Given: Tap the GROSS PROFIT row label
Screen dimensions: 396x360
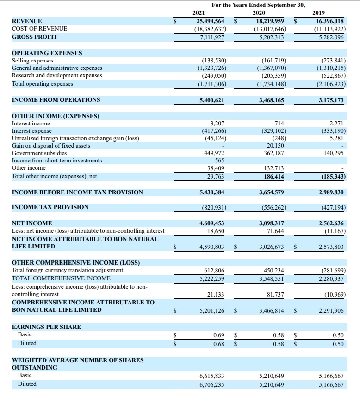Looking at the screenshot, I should tap(34, 37).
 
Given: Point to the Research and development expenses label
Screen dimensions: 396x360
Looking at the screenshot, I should tap(57, 75).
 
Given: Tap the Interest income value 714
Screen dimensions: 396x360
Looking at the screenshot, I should tap(279, 124).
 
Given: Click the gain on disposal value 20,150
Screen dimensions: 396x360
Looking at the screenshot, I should tap(277, 146).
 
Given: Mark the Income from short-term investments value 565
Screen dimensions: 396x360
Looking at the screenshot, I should tap(220, 161).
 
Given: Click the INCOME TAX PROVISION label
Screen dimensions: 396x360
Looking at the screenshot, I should tap(50, 207).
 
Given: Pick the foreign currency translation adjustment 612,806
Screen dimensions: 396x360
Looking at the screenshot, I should tap(214, 270).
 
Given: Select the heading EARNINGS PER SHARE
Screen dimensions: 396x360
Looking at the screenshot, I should tap(46, 327).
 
